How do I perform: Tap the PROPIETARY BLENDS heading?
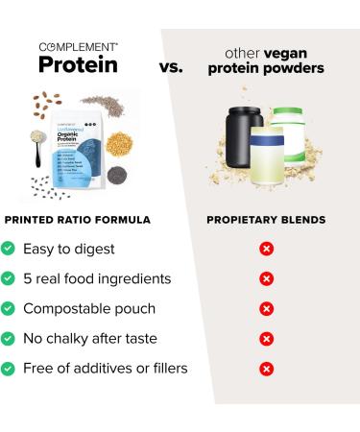click(266, 219)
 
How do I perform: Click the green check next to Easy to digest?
click(10, 249)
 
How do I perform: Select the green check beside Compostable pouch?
click(10, 308)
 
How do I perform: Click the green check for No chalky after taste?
click(10, 338)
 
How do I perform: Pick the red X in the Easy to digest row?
click(266, 249)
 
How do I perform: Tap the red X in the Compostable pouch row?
click(266, 308)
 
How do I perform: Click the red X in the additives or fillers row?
click(266, 368)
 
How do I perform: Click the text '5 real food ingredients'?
click(97, 278)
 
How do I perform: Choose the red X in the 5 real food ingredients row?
click(266, 278)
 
